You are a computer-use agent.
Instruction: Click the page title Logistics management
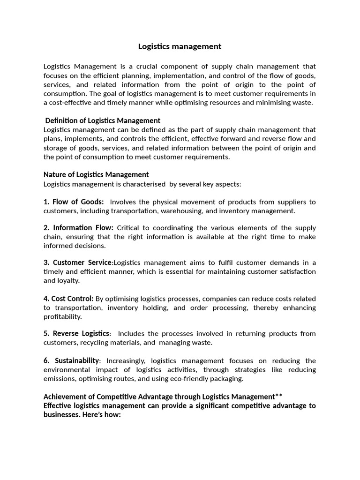coord(180,46)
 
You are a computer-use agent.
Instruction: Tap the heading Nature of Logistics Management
coord(96,175)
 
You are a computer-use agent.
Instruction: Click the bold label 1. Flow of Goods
coord(74,202)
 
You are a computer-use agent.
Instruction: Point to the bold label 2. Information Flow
coord(79,227)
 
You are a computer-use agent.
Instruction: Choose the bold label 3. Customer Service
coord(78,262)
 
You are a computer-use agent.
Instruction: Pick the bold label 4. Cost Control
coord(68,299)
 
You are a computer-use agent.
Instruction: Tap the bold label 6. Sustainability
coord(72,360)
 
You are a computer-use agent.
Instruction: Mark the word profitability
coord(62,317)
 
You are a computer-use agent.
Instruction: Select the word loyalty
coord(68,281)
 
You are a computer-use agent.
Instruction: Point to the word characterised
coord(142,184)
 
